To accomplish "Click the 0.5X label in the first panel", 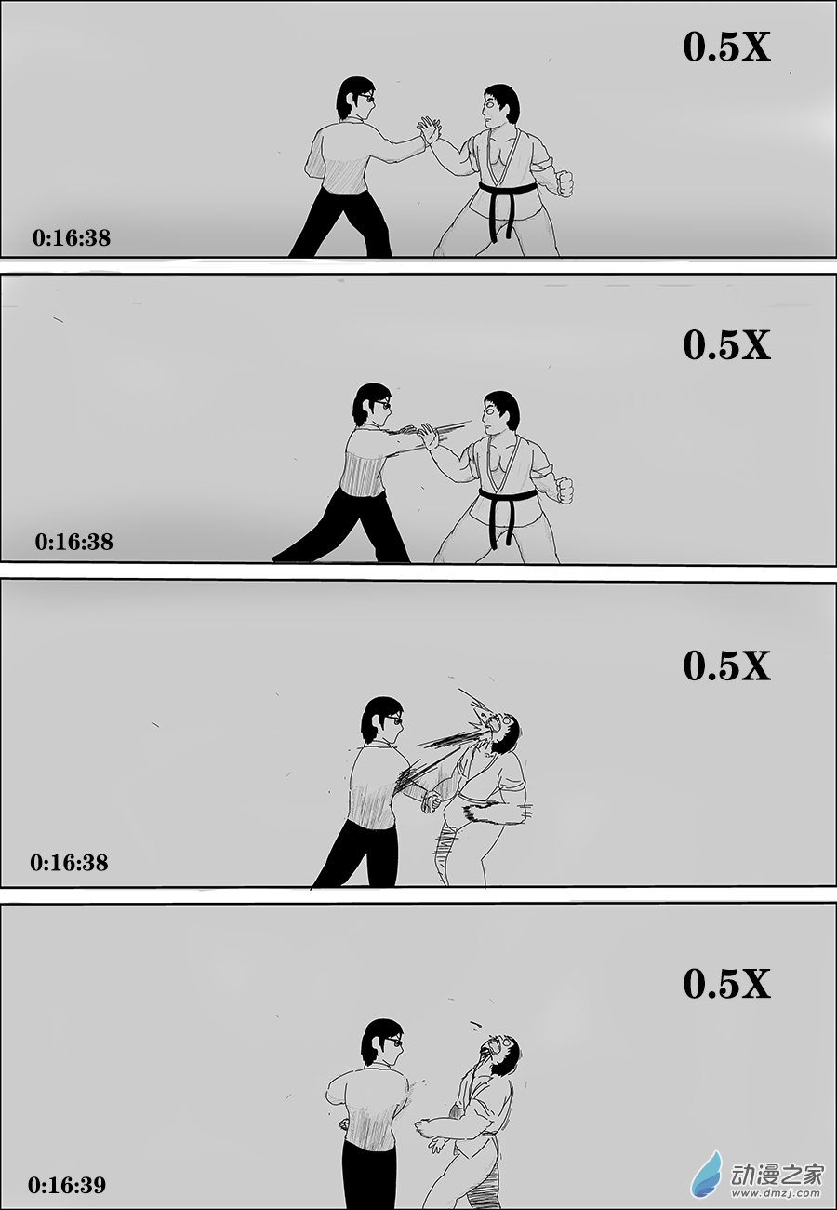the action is tap(726, 47).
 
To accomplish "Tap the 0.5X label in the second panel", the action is tap(726, 344).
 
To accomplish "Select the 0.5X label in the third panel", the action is tap(726, 665).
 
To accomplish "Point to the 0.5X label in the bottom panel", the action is tap(726, 984).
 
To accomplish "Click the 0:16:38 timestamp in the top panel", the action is tap(72, 238).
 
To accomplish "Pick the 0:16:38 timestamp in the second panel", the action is tap(73, 542).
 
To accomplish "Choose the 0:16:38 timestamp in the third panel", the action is tap(69, 863).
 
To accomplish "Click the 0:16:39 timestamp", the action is tap(67, 1185).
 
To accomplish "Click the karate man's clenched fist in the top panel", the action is tap(565, 182).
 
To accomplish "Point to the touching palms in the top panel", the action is tap(429, 129).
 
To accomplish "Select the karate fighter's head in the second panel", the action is tap(500, 411).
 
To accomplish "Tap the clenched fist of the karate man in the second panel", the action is tap(565, 490).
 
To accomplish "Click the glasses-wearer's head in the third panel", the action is tap(382, 719).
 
